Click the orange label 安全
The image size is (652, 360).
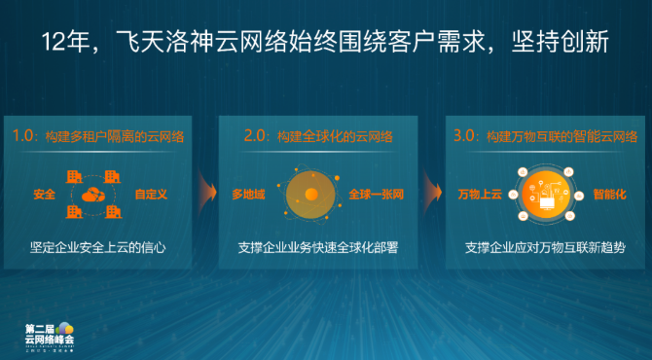click(x=44, y=195)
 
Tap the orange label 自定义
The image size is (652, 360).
click(x=151, y=195)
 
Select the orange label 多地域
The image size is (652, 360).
click(x=248, y=195)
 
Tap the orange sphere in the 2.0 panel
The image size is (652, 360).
click(x=310, y=195)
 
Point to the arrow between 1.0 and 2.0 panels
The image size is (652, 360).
click(x=205, y=190)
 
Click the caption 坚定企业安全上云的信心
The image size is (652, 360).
click(x=97, y=248)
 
